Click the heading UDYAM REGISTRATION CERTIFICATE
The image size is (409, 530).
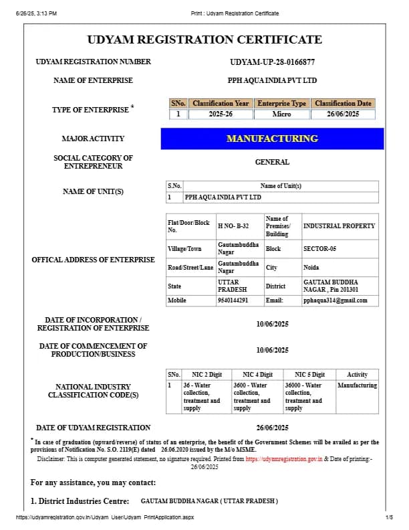point(204,39)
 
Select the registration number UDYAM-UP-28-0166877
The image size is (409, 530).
point(272,62)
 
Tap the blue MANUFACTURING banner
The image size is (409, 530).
point(272,139)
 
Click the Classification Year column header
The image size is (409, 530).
point(221,104)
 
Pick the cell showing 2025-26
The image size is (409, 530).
point(221,114)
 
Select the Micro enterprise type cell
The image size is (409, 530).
point(281,114)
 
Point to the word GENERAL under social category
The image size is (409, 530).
point(272,162)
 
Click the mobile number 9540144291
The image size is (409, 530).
point(233,300)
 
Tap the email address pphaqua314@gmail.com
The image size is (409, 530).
point(335,300)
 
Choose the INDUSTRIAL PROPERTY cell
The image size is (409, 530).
point(339,226)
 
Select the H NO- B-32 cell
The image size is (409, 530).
point(233,226)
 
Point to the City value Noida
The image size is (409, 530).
point(311,267)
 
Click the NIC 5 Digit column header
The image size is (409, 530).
point(309,375)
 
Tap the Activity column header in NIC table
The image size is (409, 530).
point(357,375)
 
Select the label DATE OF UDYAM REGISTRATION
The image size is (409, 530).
point(93,428)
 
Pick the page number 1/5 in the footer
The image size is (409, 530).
point(389,517)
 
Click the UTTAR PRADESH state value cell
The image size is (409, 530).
point(229,286)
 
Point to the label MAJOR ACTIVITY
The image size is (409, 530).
point(93,139)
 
